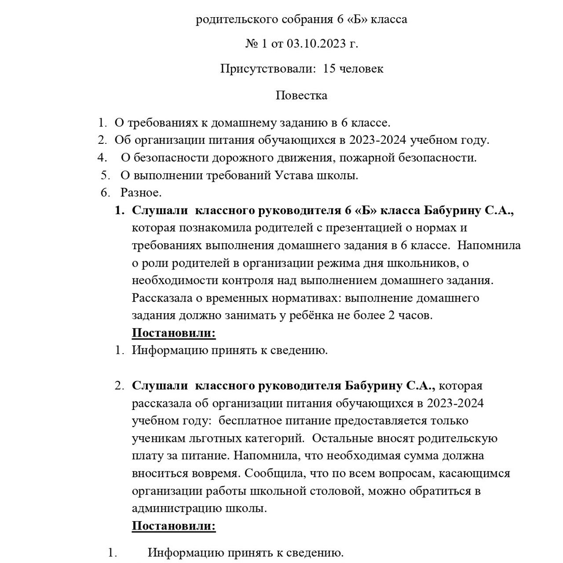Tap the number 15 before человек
coord(329,69)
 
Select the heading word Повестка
coord(301,95)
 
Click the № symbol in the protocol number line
coord(251,44)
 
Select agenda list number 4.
coord(102,157)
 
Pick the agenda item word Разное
coord(141,193)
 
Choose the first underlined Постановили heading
coord(174,333)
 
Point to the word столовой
coord(335,491)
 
